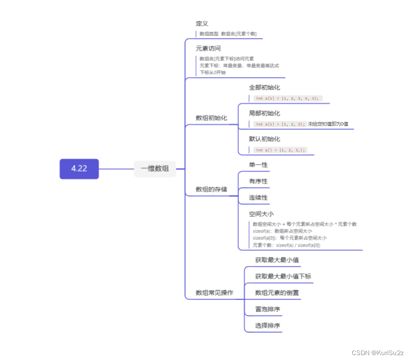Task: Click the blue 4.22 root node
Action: (x=79, y=169)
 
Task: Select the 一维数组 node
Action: (x=155, y=169)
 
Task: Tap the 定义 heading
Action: (x=202, y=23)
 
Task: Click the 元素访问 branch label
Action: (x=208, y=48)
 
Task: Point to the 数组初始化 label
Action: (x=211, y=118)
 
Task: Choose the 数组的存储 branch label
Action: (x=211, y=189)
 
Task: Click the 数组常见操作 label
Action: (x=214, y=293)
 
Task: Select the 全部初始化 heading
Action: (x=264, y=87)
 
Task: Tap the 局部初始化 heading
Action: (x=264, y=113)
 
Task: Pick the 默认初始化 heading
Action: (x=264, y=139)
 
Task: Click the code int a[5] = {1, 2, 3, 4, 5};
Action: (x=287, y=98)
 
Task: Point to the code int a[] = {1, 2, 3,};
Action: (x=280, y=150)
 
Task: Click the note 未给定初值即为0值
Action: (x=328, y=124)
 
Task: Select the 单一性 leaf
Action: (x=258, y=165)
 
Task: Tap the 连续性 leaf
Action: (x=258, y=197)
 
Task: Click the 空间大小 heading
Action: (x=261, y=213)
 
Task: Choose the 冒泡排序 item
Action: (x=267, y=309)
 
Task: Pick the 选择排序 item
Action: (x=267, y=325)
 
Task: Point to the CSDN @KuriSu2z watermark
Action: (x=377, y=352)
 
